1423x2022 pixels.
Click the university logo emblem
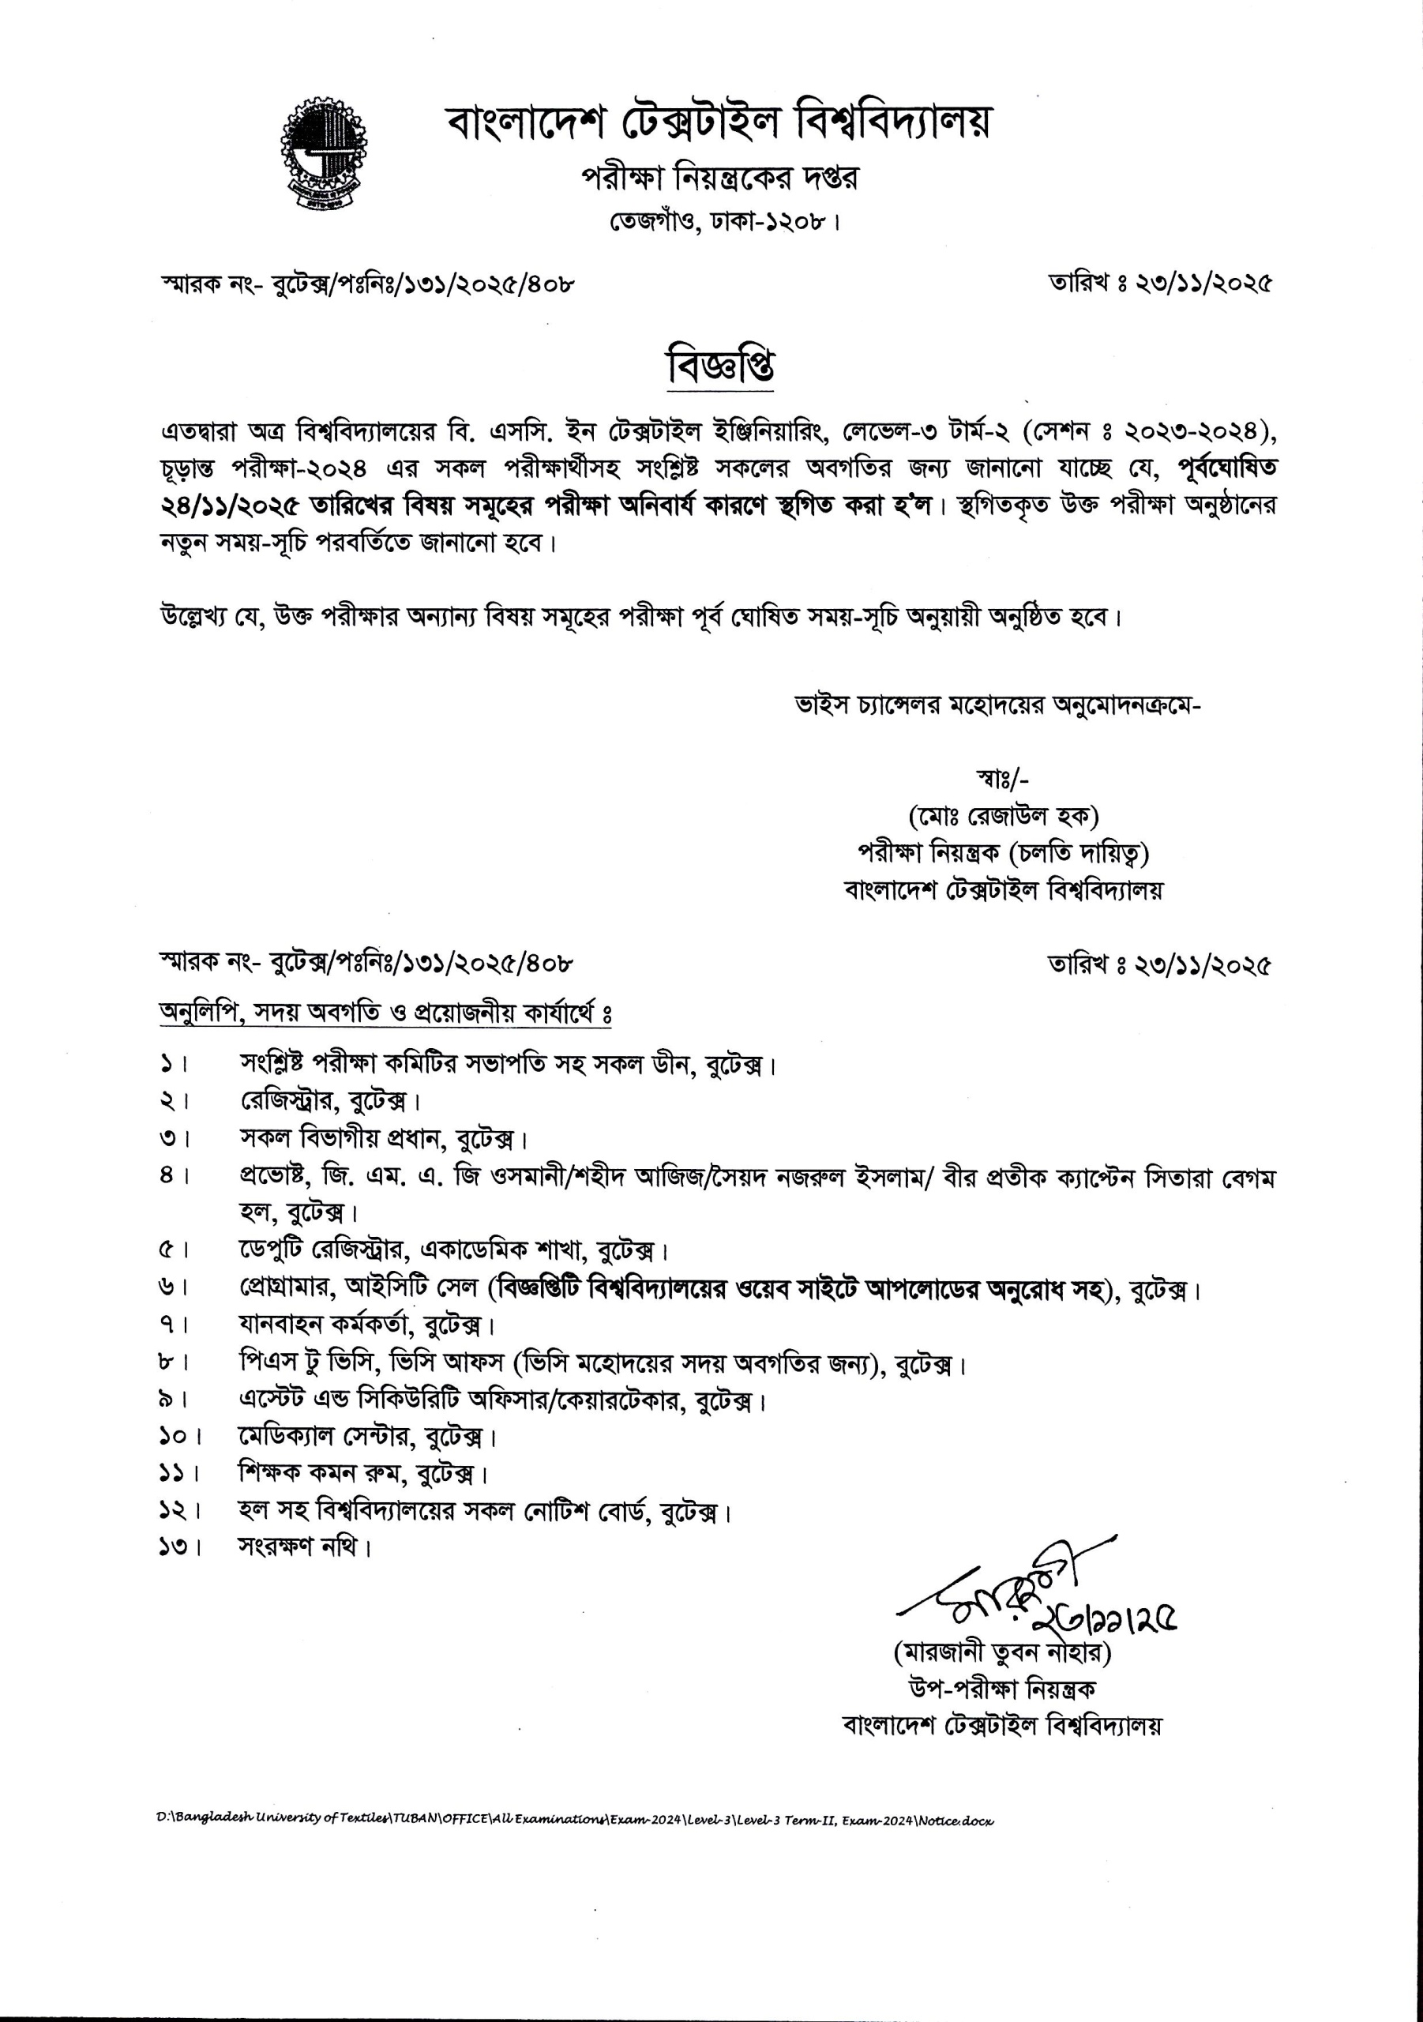pyautogui.click(x=323, y=154)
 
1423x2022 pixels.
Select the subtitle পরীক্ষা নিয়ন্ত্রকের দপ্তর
pyautogui.click(x=719, y=178)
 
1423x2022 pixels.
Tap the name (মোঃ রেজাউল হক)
pyautogui.click(x=1003, y=817)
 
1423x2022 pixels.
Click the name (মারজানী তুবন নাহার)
pyautogui.click(x=1002, y=1653)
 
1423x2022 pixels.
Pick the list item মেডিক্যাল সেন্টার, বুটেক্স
pyautogui.click(x=368, y=1437)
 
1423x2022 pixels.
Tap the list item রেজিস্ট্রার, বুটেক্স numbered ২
pyautogui.click(x=329, y=1101)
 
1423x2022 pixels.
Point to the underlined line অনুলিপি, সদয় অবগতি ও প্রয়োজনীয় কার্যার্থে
pyautogui.click(x=385, y=1013)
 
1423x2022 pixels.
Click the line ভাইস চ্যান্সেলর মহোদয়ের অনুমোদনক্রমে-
pyautogui.click(x=997, y=705)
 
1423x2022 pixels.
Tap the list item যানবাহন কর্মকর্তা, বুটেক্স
pyautogui.click(x=366, y=1324)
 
